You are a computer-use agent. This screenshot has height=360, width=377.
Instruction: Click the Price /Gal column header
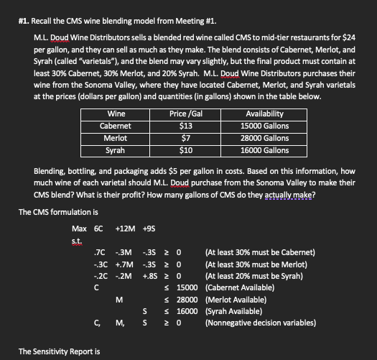[x=184, y=115]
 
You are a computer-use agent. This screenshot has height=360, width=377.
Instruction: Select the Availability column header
[x=264, y=115]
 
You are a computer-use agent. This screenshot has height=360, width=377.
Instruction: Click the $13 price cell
[x=185, y=127]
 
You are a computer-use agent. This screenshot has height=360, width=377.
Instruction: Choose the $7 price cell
[x=185, y=139]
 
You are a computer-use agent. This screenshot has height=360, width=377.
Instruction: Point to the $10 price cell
[x=185, y=151]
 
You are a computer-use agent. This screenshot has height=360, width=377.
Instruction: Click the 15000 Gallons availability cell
[x=266, y=127]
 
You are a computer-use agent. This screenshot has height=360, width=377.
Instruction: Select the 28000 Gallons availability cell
[x=266, y=139]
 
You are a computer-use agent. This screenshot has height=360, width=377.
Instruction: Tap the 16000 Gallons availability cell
[x=266, y=151]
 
